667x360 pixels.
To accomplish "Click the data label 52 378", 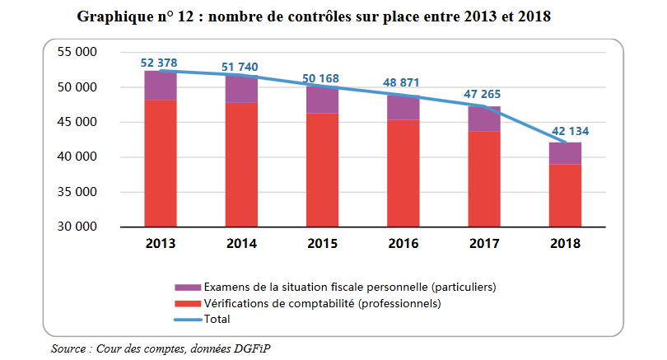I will [x=160, y=63].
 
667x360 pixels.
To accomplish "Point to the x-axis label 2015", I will [x=323, y=244].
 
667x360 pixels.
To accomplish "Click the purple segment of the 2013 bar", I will [x=161, y=86].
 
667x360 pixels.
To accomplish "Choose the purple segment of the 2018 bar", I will [x=565, y=153].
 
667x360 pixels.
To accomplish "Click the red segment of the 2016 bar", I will [x=403, y=173].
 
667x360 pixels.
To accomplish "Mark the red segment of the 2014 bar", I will [x=241, y=165].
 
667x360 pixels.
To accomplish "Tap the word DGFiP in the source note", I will [x=251, y=348].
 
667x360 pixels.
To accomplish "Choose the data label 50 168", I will [x=323, y=78].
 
